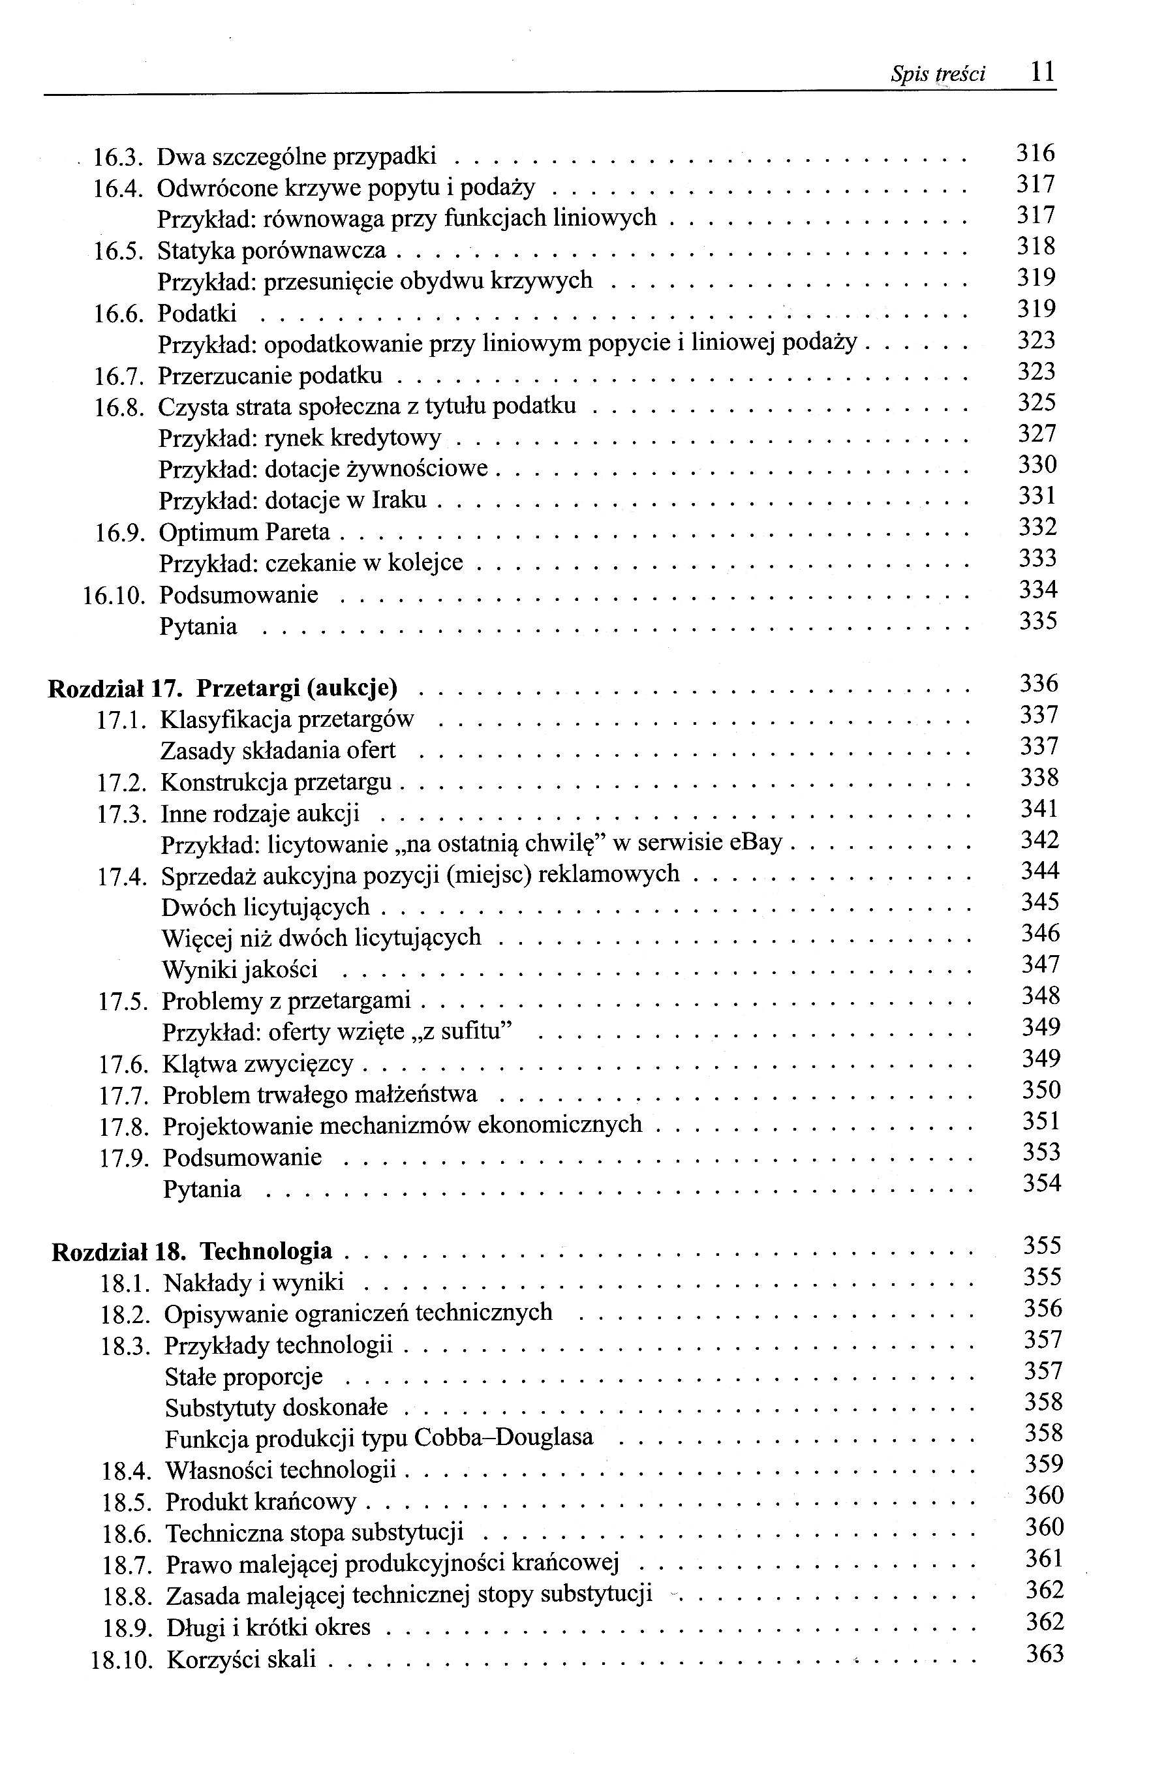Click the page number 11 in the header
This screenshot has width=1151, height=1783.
click(x=1042, y=72)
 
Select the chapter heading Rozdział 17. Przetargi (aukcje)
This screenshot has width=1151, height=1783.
click(x=223, y=687)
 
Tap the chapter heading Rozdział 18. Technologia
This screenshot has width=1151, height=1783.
click(x=192, y=1251)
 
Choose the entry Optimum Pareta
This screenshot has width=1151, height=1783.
click(x=245, y=532)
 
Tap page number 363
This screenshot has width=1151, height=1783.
click(x=1044, y=1654)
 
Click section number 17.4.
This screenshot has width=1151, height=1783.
click(x=120, y=876)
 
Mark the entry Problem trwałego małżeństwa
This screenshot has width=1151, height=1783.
click(x=320, y=1095)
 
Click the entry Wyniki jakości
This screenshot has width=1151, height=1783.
click(x=240, y=969)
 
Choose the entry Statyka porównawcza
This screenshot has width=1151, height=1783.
click(x=272, y=250)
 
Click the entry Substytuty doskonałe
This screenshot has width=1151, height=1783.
click(x=277, y=1407)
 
